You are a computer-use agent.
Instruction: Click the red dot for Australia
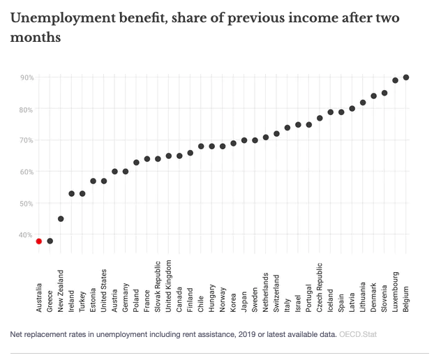pos(39,241)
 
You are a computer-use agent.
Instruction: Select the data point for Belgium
pos(406,77)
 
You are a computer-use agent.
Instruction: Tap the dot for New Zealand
pos(61,218)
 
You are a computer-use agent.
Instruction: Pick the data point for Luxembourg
pos(395,80)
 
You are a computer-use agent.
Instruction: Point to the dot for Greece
pos(50,241)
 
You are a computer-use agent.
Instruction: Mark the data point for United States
pos(104,181)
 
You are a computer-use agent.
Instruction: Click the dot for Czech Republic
pos(320,118)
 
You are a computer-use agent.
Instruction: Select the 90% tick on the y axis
pos(27,77)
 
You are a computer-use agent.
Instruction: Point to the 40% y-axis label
pos(27,235)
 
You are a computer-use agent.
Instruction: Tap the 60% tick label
pos(27,172)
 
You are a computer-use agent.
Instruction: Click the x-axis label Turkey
pos(82,298)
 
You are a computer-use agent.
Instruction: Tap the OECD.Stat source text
pos(358,335)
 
